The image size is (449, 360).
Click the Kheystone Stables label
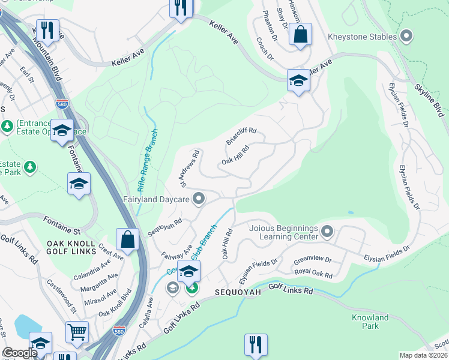(362, 37)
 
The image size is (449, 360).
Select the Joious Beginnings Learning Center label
(284, 232)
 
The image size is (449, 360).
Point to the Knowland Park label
(370, 322)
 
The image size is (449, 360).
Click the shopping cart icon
(77, 332)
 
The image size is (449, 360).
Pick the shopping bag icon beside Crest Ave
(128, 239)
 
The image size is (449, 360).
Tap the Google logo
(20, 353)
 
